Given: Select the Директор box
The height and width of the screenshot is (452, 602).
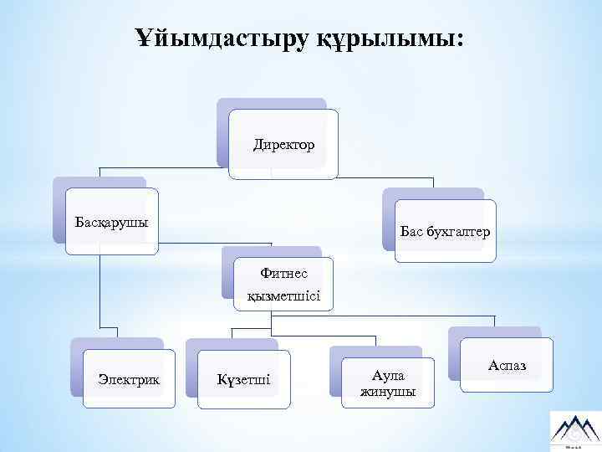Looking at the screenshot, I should [x=284, y=145].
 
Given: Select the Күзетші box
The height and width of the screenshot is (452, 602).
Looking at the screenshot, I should [x=243, y=382].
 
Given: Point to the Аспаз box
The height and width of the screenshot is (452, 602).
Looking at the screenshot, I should [x=507, y=366].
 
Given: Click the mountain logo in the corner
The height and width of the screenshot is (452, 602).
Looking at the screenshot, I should [x=574, y=429].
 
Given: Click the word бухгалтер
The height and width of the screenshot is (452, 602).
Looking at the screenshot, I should [x=457, y=230].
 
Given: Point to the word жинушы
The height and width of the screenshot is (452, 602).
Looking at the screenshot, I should [x=387, y=392].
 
